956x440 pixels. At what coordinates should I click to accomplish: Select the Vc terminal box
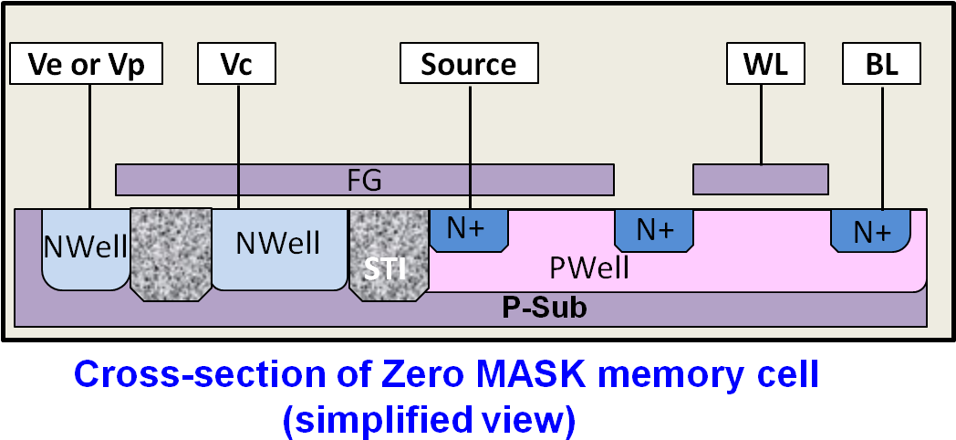(237, 65)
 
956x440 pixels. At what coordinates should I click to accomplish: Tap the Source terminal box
(469, 65)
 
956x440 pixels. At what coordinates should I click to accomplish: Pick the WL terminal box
(764, 65)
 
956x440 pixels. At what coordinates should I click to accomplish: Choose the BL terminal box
(881, 65)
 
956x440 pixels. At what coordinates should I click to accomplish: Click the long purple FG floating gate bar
(365, 180)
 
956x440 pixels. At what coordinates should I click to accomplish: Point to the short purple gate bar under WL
(760, 180)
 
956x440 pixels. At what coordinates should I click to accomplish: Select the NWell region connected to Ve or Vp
(86, 249)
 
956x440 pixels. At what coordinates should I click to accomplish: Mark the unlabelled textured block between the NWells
(171, 254)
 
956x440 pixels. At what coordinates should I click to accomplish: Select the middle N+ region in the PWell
(654, 230)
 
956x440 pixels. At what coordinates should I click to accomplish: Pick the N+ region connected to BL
(870, 231)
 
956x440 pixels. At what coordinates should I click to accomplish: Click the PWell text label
(588, 267)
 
